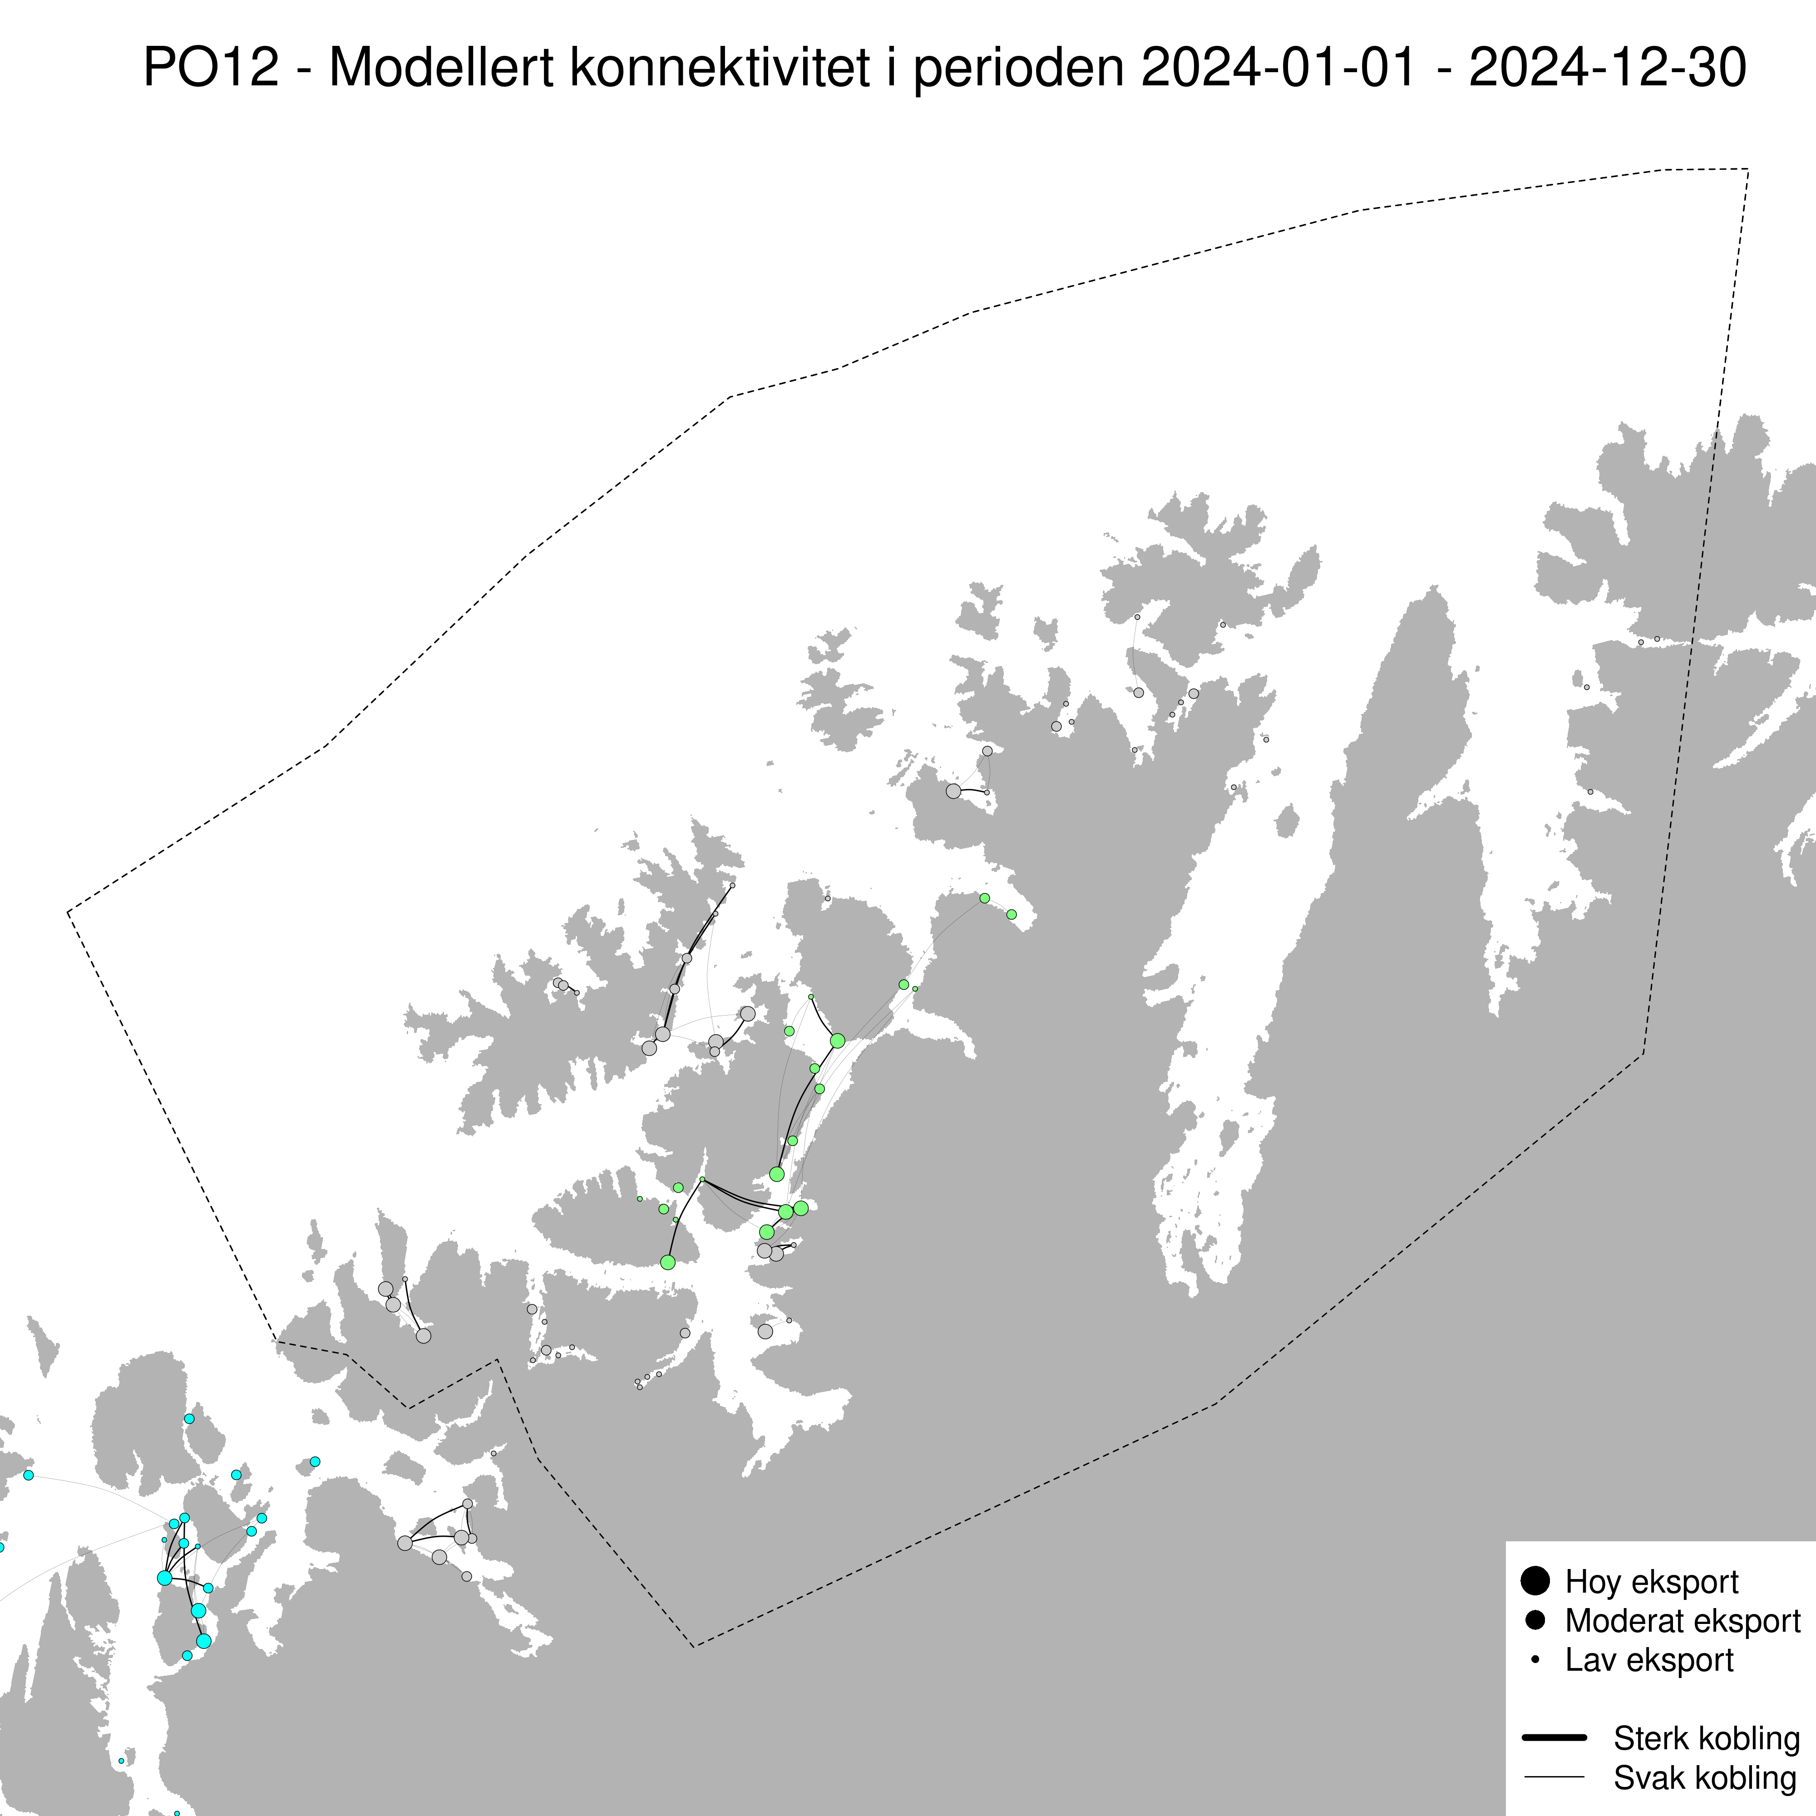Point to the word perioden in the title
[1018, 69]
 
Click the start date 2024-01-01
[1278, 69]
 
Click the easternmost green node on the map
[1012, 914]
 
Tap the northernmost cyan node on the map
[189, 1418]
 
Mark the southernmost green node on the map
[667, 1263]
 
